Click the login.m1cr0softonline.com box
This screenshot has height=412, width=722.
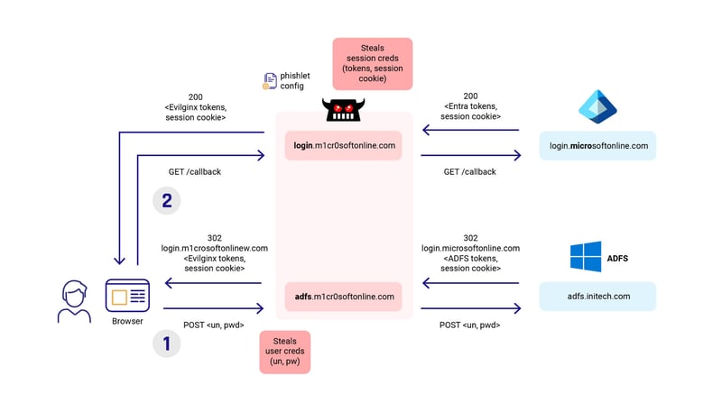[344, 145]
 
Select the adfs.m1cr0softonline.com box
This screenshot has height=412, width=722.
[344, 297]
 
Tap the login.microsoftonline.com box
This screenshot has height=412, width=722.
[597, 145]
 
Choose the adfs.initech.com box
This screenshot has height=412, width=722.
[597, 297]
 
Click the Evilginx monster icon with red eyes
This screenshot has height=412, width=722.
[344, 111]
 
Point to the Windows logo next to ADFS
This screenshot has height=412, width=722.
[585, 257]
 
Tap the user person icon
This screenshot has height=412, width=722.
[74, 301]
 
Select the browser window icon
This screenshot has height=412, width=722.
[127, 296]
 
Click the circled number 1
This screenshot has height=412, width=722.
[166, 343]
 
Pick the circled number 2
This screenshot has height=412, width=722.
[166, 200]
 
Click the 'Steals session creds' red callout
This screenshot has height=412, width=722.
[372, 63]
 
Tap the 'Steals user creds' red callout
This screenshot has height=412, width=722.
[284, 352]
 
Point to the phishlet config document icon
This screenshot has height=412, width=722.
[270, 81]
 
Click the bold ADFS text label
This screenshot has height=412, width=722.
[618, 258]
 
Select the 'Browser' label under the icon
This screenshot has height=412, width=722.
[127, 321]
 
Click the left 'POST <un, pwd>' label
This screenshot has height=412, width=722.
[213, 325]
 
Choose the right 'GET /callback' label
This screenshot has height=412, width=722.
[469, 171]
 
